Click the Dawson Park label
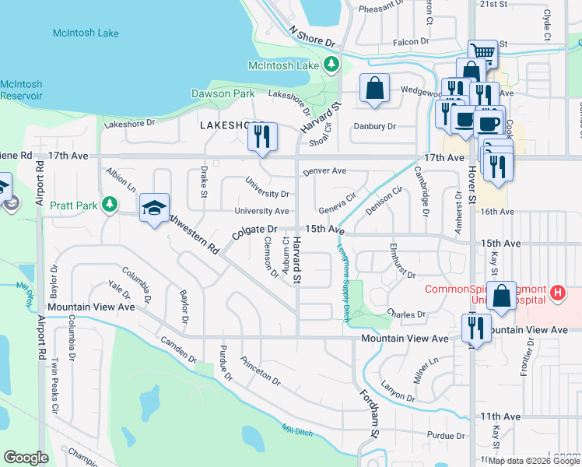pyautogui.click(x=223, y=93)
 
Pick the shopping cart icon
pyautogui.click(x=482, y=53)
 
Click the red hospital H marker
pyautogui.click(x=556, y=293)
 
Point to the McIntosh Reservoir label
pyautogui.click(x=21, y=90)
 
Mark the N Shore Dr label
pyautogui.click(x=310, y=36)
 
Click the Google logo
pyautogui.click(x=26, y=458)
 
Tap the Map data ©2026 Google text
pyautogui.click(x=535, y=461)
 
